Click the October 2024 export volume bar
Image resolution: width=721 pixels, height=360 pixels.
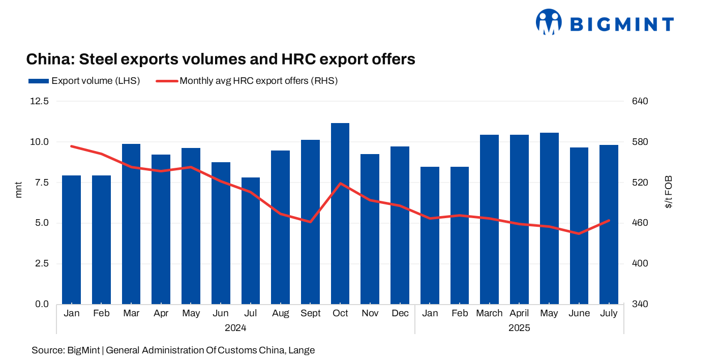pos(340,214)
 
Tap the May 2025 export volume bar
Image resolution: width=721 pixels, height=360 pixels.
pos(549,218)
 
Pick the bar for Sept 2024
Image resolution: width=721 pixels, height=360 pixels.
pos(310,222)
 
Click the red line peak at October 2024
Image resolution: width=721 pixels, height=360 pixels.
pos(340,183)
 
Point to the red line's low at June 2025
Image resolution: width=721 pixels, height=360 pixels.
pos(579,233)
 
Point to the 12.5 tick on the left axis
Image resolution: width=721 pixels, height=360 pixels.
pos(40,101)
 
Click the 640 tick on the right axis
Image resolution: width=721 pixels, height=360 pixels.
pos(641,101)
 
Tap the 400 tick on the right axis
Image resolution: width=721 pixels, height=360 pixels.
pos(641,263)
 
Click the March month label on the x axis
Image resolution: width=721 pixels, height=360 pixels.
pos(489,313)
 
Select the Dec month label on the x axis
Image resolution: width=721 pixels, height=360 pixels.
pos(400,313)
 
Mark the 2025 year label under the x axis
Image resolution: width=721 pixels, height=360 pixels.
pos(519,328)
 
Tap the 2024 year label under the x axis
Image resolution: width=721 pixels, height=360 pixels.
pos(235,328)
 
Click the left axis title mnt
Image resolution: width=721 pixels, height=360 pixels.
pos(19,189)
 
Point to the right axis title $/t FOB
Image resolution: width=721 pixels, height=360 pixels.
pos(668,192)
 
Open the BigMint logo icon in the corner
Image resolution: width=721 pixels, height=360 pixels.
pos(548,22)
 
